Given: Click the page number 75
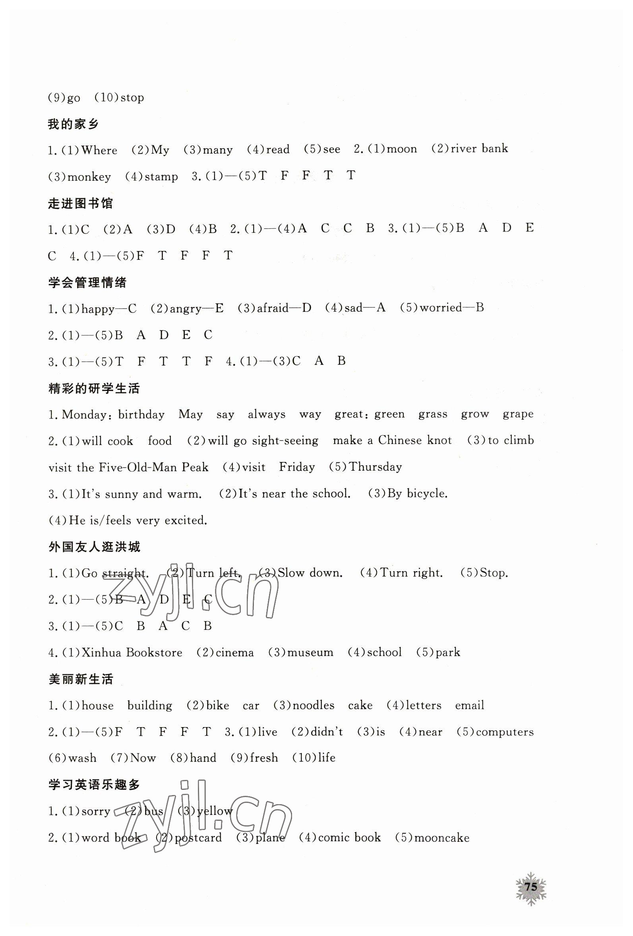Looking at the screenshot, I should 530,886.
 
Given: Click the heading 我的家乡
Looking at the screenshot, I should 74,124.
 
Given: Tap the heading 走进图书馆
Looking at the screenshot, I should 80,204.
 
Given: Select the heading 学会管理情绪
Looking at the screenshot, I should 87,283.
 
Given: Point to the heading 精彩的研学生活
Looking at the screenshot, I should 94,389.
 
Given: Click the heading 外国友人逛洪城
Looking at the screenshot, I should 94,547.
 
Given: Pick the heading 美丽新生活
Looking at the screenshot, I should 81,679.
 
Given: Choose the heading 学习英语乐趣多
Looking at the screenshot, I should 94,785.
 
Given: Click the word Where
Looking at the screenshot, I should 99,151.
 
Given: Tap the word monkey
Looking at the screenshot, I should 89,177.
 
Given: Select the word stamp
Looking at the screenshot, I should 161,177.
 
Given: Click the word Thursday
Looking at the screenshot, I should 375,467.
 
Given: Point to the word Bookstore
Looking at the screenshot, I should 154,652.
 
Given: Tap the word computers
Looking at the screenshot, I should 505,732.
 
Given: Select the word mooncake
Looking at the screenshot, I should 441,838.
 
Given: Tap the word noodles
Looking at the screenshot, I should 314,706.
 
